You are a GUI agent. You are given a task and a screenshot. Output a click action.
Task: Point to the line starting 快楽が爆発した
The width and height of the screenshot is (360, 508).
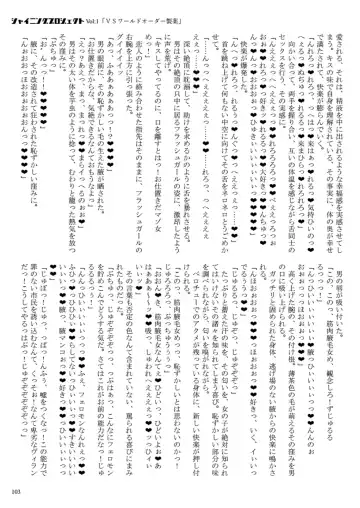237,90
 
